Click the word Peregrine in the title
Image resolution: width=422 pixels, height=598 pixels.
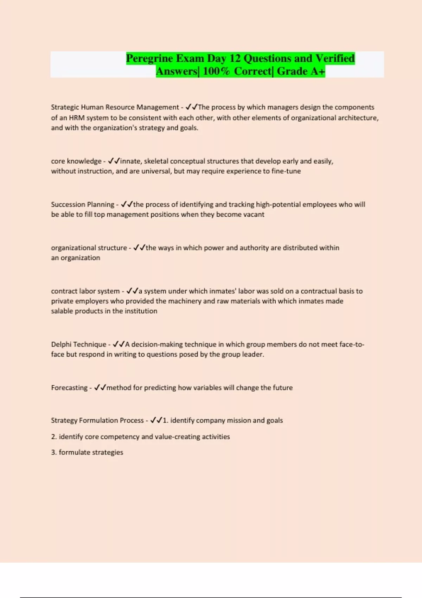click(x=149, y=58)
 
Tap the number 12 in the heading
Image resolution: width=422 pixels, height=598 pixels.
click(x=235, y=58)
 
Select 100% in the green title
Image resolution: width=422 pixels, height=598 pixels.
click(x=216, y=71)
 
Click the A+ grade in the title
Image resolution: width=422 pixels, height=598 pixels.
click(x=317, y=71)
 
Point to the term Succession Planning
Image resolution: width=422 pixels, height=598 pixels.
click(x=83, y=204)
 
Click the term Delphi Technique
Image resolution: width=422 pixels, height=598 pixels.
click(x=78, y=344)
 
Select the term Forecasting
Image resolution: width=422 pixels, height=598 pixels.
click(x=69, y=388)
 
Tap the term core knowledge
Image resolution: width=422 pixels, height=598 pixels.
click(x=76, y=161)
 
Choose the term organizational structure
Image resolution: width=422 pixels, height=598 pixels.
click(x=89, y=248)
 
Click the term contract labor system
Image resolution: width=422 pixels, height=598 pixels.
click(x=85, y=291)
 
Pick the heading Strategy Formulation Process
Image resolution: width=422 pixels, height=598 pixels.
click(x=97, y=420)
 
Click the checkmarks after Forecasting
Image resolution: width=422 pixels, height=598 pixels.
click(x=100, y=388)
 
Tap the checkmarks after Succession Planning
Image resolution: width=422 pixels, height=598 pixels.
click(x=127, y=204)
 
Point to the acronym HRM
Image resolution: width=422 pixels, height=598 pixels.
click(x=77, y=118)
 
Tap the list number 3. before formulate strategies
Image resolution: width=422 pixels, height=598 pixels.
click(x=54, y=452)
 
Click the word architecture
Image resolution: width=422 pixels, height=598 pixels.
click(x=358, y=118)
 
